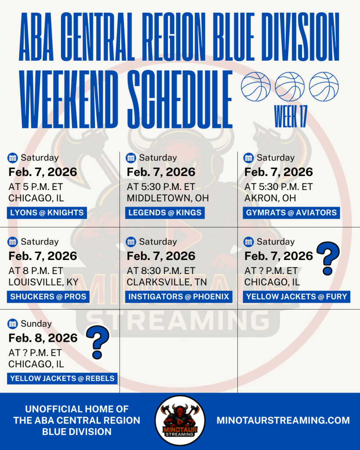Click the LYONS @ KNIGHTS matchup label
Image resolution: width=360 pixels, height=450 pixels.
pos(47,212)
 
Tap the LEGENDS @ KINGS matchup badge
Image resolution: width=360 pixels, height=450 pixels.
pos(165,212)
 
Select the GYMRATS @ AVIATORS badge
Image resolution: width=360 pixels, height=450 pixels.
pos(291,212)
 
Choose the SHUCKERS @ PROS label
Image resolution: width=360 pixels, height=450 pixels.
pos(48,297)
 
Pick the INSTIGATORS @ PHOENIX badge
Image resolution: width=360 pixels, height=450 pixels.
pos(179,297)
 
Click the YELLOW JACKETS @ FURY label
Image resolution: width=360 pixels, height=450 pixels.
pos(296,297)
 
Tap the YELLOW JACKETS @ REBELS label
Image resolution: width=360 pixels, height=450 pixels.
pos(62,379)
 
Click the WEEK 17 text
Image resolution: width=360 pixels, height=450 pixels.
pos(291,116)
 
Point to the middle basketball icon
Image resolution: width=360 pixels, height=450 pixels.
pos(290,87)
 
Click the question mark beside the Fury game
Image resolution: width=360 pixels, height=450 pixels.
pos(328,258)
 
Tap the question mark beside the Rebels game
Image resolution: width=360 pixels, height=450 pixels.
pos(98,342)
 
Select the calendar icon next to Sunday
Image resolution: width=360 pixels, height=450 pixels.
pos(12,323)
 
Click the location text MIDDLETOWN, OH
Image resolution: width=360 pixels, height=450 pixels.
pos(168,198)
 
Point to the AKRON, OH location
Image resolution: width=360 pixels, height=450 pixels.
pos(270,198)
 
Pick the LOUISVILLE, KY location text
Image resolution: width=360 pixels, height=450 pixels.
pos(44,282)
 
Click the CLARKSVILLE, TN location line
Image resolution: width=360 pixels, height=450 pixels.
pos(167,282)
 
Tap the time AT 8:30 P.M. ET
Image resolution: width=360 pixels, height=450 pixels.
pos(161,271)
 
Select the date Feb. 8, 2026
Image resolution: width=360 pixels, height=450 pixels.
pos(43,338)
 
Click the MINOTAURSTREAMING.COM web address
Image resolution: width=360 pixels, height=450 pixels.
pos(283,421)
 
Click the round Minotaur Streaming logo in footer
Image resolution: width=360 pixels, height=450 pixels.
pos(180,421)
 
